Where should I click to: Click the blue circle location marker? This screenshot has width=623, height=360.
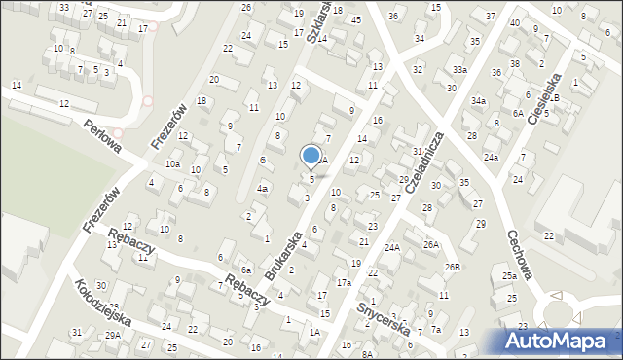[x=311, y=155]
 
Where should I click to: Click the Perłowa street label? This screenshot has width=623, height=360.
[x=101, y=137]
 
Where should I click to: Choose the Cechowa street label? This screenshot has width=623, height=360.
[x=519, y=254]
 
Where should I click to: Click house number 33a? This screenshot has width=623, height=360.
[x=459, y=70]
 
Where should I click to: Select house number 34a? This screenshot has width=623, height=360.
[x=478, y=100]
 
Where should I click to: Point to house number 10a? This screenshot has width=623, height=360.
[x=172, y=164]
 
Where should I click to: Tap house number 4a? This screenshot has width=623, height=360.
[x=262, y=188]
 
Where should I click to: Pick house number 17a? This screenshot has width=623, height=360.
[x=344, y=282]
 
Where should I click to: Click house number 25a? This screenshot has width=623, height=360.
[x=509, y=276]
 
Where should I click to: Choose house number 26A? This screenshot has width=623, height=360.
[x=430, y=245]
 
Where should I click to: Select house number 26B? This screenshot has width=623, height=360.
[x=452, y=267]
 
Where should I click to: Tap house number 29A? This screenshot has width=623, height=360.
[x=113, y=335]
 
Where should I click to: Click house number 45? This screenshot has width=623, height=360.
[x=356, y=19]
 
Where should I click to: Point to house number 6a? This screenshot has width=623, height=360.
[x=247, y=270]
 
